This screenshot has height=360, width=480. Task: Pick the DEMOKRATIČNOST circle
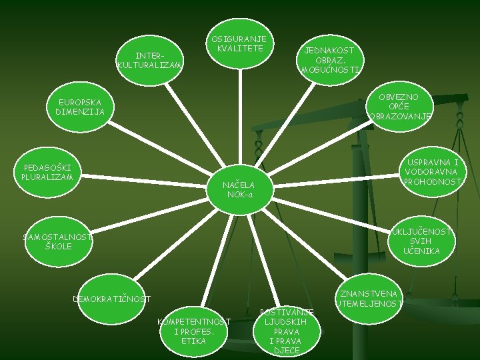pos(111,299)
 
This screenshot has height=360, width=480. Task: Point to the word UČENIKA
pos(421,251)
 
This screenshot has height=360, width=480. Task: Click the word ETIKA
pos(193,341)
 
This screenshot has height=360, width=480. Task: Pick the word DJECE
pos(287,350)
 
